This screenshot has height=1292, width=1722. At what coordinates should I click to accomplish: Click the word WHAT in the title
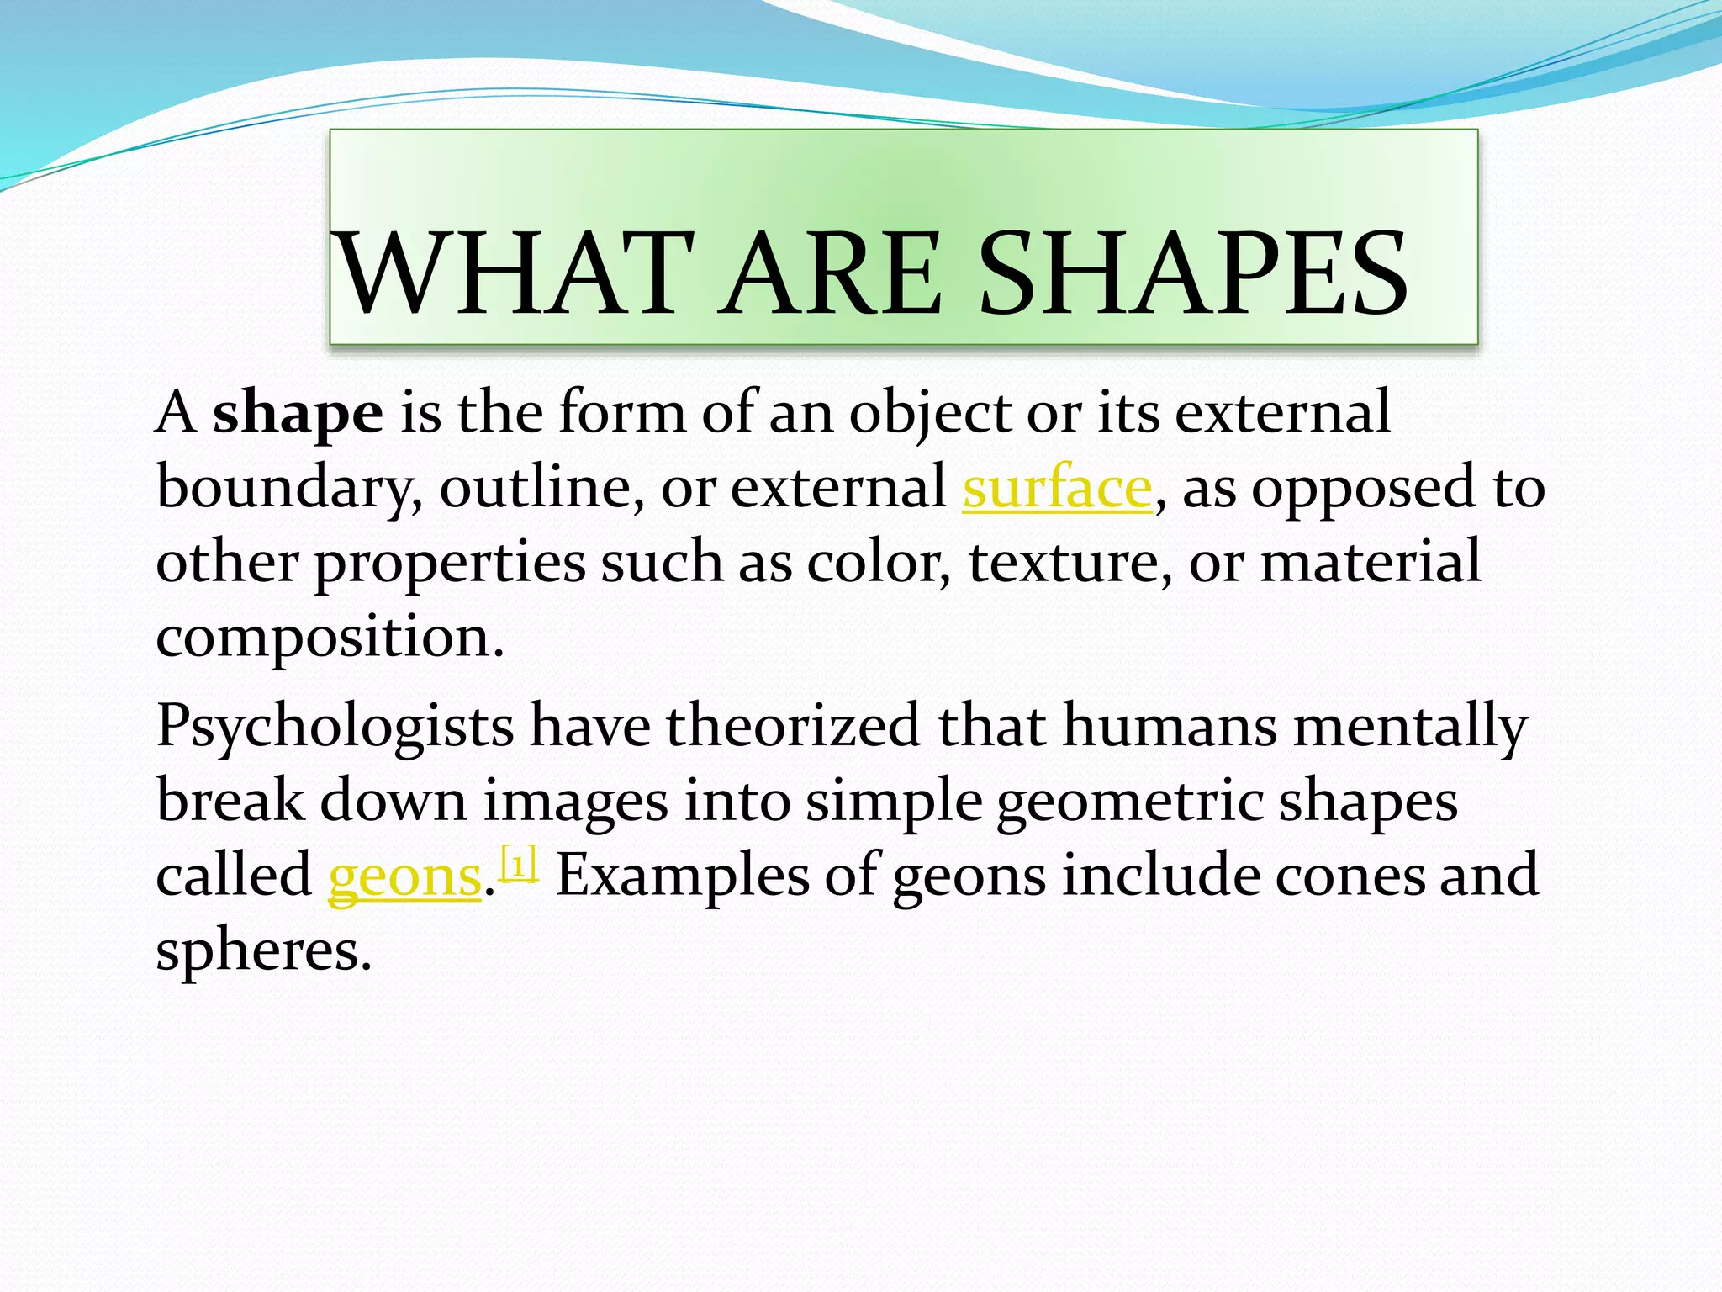pyautogui.click(x=515, y=274)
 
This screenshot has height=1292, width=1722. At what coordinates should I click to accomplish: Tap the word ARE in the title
pyautogui.click(x=832, y=274)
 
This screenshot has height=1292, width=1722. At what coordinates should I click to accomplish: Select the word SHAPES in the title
pyautogui.click(x=1193, y=274)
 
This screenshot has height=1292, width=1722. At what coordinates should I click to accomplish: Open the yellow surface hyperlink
pyautogui.click(x=1057, y=489)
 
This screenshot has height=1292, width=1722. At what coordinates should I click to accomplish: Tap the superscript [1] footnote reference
pyautogui.click(x=518, y=865)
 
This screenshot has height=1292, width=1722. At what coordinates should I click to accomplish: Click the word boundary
pyautogui.click(x=288, y=489)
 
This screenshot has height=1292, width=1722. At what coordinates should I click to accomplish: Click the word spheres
pyautogui.click(x=263, y=951)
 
